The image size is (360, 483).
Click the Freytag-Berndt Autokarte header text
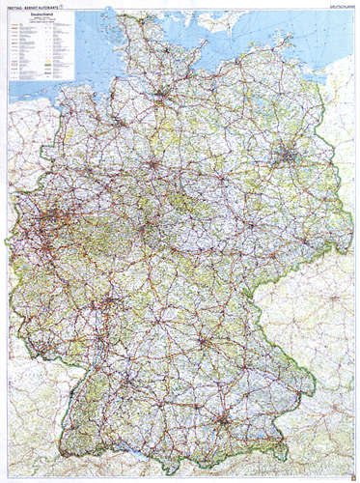[x=34, y=9]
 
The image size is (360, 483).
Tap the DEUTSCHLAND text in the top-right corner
[x=336, y=9]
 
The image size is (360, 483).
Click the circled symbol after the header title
[x=64, y=9]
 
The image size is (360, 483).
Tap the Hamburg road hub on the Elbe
[x=161, y=94]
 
